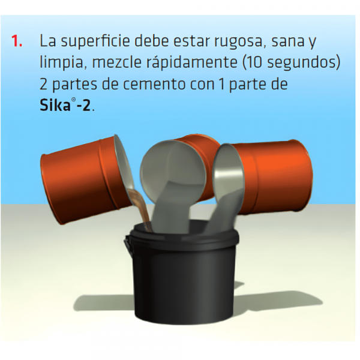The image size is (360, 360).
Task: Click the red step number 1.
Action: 17,41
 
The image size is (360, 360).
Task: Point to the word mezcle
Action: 116,62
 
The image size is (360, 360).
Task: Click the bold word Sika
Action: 55,105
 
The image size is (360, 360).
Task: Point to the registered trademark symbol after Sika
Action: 73,100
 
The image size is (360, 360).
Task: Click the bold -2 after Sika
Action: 83,106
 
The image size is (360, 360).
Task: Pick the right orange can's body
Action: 273,177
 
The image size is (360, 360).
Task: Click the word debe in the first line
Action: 152,41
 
